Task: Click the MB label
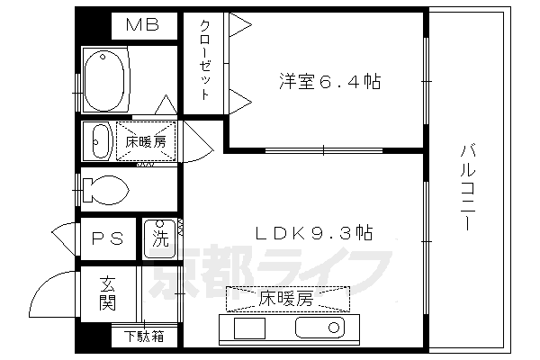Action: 141,25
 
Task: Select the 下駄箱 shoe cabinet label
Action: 144,338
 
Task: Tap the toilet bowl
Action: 105,189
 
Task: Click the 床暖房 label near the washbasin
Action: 145,141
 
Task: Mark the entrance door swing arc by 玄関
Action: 61,288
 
